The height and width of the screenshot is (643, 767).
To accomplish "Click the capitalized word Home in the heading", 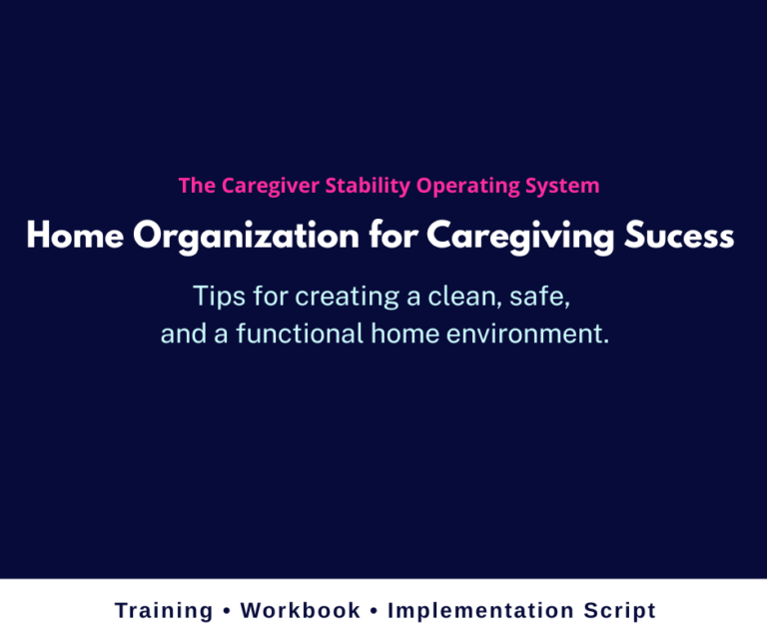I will click(73, 237).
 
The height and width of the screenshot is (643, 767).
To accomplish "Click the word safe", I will click(545, 297).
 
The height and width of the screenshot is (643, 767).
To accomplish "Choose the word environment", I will click(525, 334).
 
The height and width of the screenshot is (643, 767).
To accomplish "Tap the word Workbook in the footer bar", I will click(301, 611).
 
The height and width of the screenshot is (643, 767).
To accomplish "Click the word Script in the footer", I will click(616, 611).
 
